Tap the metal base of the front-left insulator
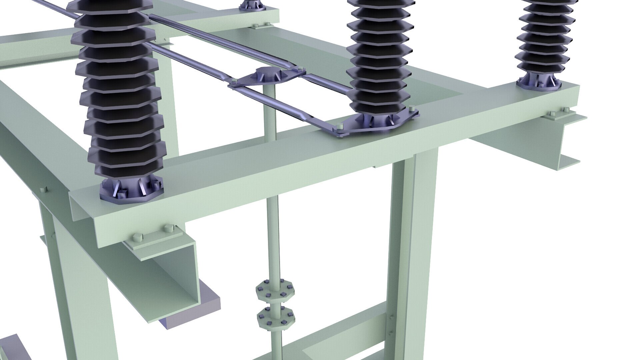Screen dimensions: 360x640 click(x=132, y=191)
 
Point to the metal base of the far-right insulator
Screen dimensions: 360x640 click(x=547, y=83)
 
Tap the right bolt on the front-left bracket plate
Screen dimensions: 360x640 click(x=167, y=229)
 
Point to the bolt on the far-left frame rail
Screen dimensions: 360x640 click(x=42, y=190)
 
